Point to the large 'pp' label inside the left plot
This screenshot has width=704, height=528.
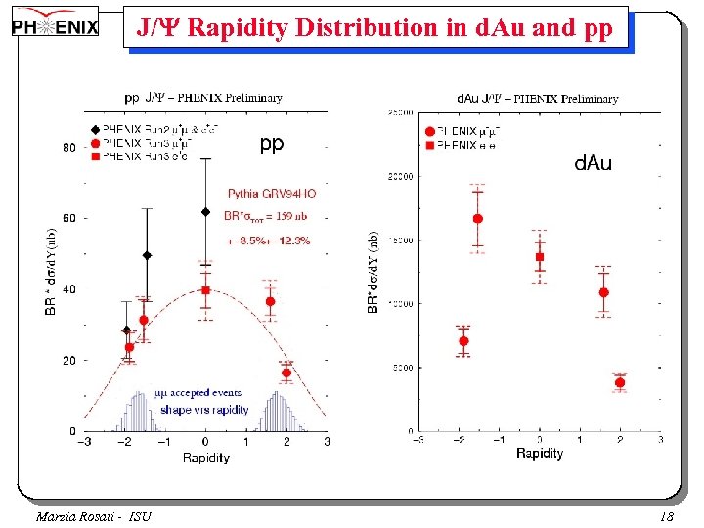(x=272, y=144)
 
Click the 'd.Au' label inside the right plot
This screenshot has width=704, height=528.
(x=593, y=163)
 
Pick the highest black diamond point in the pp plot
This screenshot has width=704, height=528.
(x=205, y=211)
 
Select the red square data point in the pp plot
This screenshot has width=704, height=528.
(x=205, y=290)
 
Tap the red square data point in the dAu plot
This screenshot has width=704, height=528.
(x=539, y=257)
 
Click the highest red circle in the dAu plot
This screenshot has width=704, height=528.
(x=478, y=219)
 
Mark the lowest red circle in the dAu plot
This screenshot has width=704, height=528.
(x=620, y=382)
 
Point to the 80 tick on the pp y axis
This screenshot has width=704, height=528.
(x=69, y=148)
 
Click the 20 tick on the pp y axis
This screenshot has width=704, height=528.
(x=69, y=361)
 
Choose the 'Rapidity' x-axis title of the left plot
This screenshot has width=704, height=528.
(x=205, y=458)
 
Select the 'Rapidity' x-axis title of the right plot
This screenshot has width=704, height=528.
(x=539, y=453)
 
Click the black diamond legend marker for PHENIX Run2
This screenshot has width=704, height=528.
(x=95, y=129)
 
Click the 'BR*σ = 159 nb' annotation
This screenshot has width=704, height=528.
(x=270, y=216)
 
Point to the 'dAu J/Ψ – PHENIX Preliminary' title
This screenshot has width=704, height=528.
(x=538, y=99)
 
